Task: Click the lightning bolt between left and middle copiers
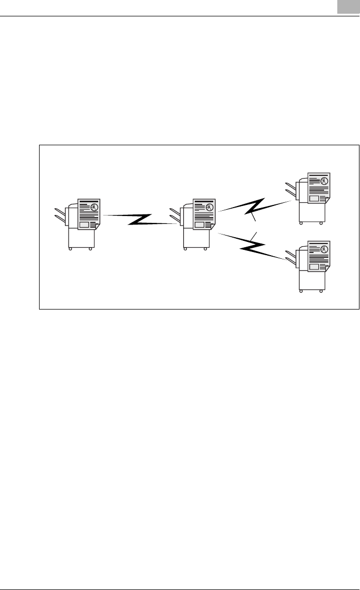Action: coord(139,219)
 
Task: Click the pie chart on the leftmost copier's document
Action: coord(94,207)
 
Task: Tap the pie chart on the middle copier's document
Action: coord(210,207)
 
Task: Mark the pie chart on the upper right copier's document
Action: coord(325,181)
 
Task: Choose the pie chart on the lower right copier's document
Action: coord(325,249)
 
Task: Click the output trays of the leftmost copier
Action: coord(60,216)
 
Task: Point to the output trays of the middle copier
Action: coord(175,216)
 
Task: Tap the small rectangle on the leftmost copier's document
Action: coord(83,224)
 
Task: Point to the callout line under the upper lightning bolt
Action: coord(253,217)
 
